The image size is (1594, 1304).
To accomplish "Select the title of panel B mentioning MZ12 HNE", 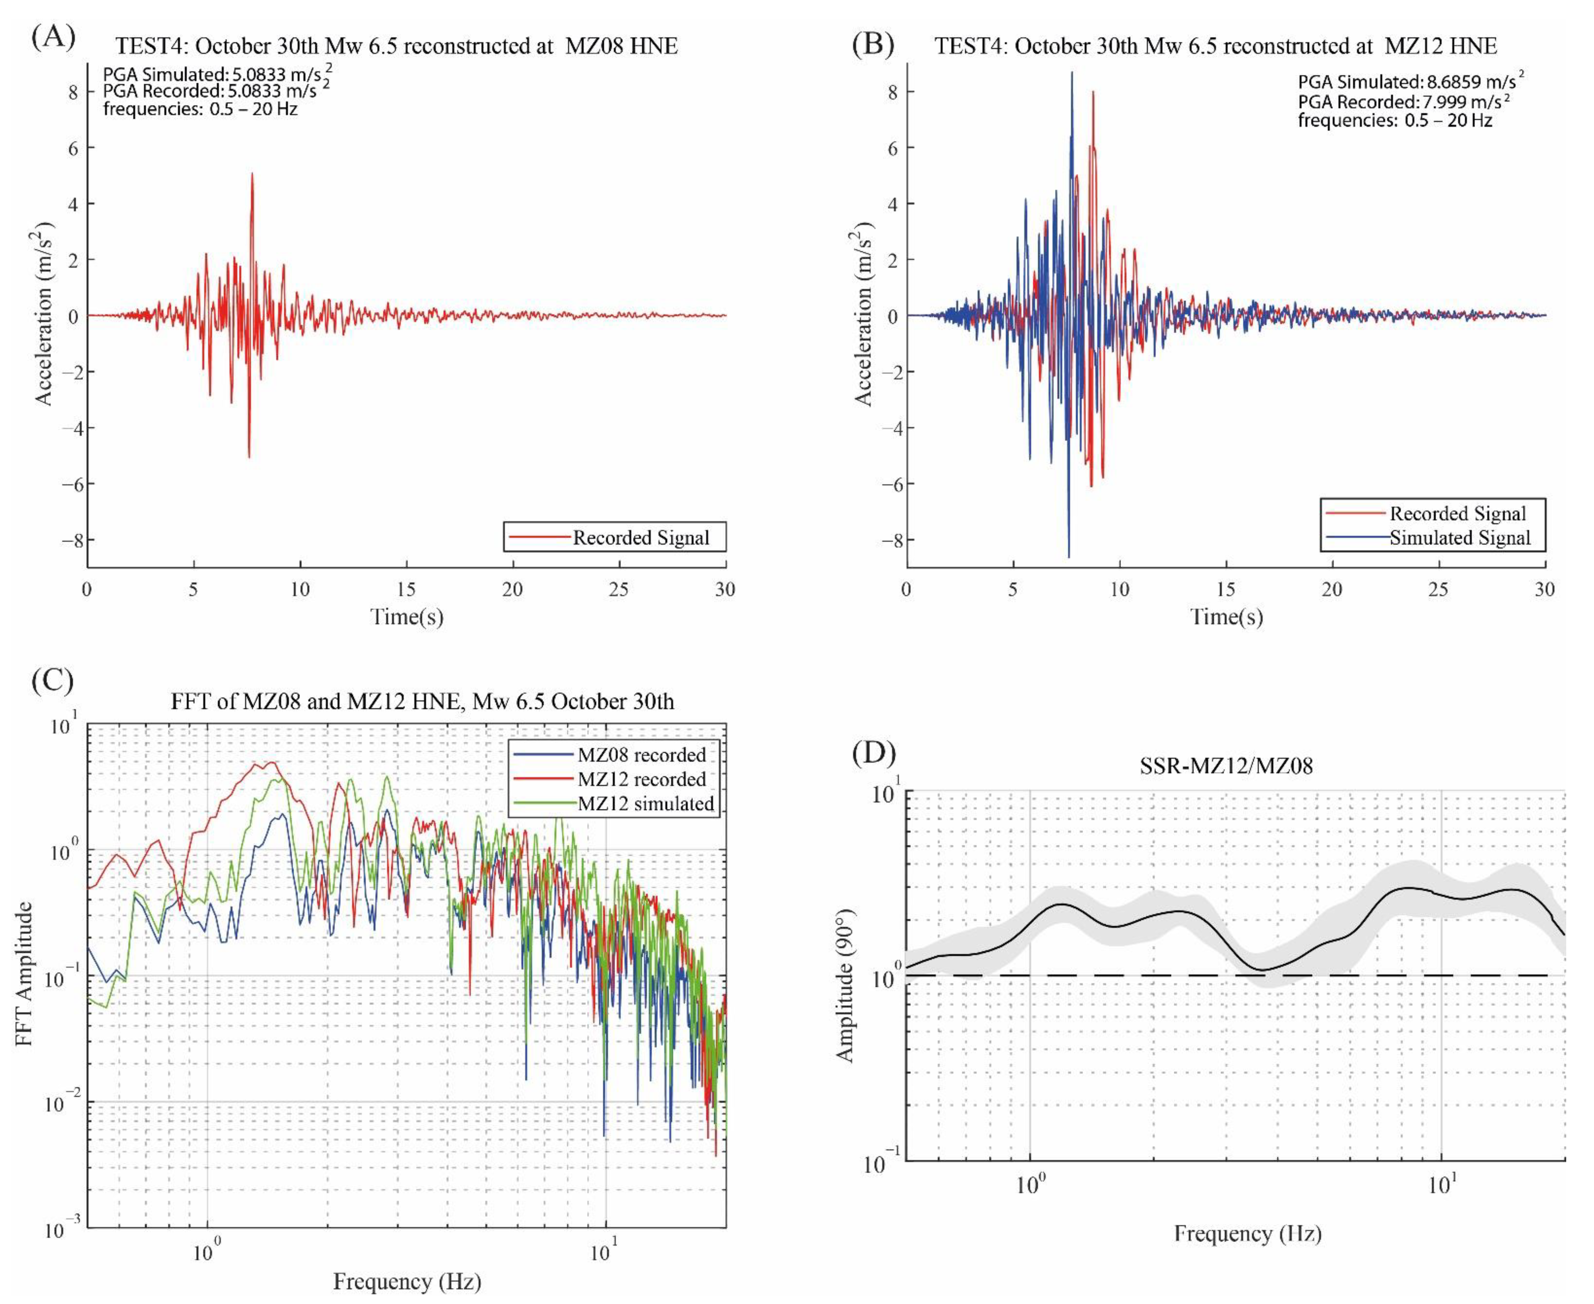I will point(1215,47).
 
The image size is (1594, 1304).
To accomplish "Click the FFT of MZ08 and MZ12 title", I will point(422,702).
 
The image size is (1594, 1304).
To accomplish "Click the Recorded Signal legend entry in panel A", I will point(640,538).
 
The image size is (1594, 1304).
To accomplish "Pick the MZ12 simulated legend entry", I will point(645,804).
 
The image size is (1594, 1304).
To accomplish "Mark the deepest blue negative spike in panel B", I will point(1069,557).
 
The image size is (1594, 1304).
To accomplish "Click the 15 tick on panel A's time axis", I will point(407,589).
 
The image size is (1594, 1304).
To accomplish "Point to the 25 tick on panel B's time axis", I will point(1438,589).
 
